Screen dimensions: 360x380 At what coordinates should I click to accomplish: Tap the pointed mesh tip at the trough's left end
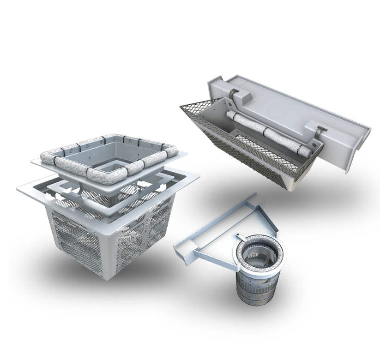tap(182, 106)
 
